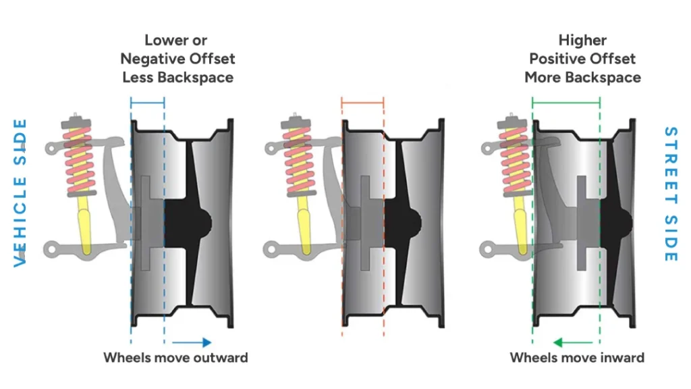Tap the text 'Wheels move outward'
point(175,357)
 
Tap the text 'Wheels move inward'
point(577,357)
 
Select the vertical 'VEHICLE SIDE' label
point(21,193)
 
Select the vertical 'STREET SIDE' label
point(669,194)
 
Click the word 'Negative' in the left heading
point(154,59)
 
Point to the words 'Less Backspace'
point(177,77)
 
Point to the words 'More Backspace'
point(582,77)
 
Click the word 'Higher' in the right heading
point(582,40)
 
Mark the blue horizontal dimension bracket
point(147,103)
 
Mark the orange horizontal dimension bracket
point(362,103)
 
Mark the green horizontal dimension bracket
point(565,103)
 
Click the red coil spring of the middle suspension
point(295,159)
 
